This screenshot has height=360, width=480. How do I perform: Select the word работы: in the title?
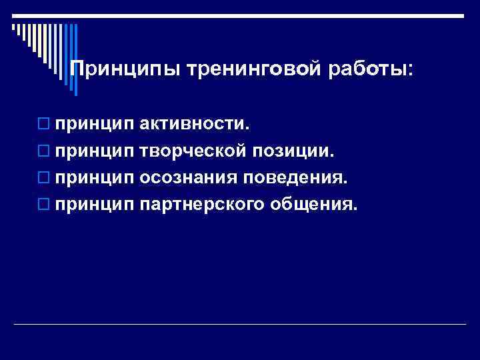(x=369, y=69)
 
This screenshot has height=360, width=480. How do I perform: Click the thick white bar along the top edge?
(x=240, y=15)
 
